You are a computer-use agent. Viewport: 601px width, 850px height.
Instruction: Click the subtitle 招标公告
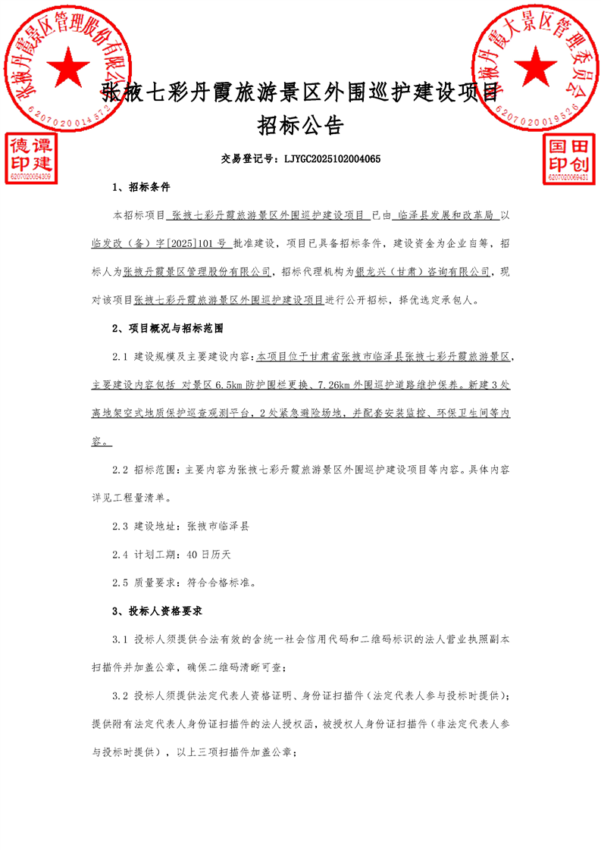[300, 124]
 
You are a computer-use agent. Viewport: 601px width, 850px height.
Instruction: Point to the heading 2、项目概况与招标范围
[167, 329]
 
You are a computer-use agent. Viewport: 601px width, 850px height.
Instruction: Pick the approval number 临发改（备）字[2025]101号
[158, 244]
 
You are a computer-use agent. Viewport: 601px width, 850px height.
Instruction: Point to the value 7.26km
[329, 384]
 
